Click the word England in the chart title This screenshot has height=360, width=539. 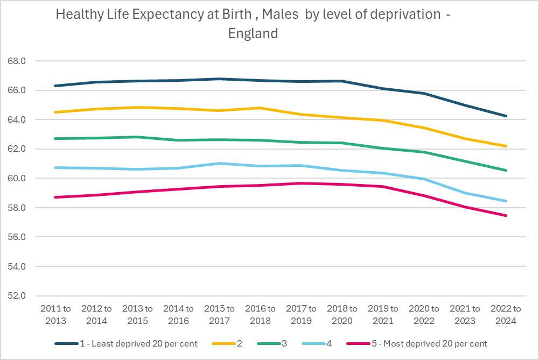click(253, 33)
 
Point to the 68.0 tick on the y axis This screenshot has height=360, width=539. click(17, 61)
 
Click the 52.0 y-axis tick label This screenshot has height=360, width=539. click(17, 296)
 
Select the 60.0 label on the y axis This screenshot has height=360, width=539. click(17, 178)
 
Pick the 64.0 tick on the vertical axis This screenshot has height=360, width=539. click(17, 119)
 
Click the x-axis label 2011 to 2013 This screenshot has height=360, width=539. click(55, 315)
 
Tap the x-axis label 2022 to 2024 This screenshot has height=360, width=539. click(506, 315)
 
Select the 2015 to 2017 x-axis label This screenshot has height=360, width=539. click(219, 315)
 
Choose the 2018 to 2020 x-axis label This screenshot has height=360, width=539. click(342, 315)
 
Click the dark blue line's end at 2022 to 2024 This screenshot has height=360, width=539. click(506, 116)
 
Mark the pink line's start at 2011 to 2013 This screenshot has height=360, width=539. click(55, 197)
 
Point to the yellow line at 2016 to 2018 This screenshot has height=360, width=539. click(260, 108)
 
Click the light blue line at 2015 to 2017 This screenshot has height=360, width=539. click(219, 163)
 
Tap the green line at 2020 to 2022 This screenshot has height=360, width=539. click(424, 152)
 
